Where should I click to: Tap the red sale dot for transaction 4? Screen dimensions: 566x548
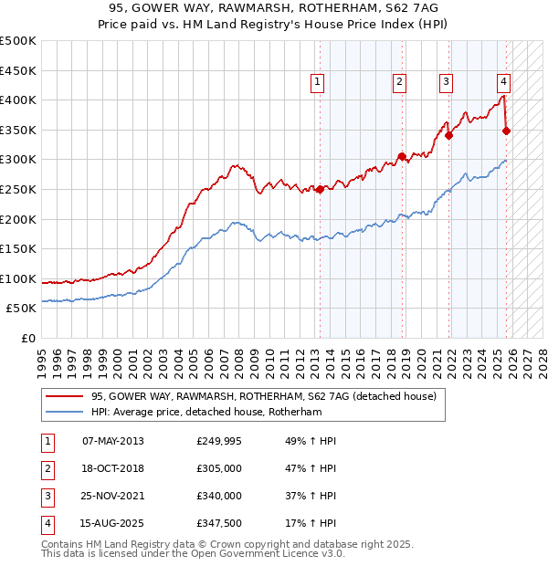pos(507,131)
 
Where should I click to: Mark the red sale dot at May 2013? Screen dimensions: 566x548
pos(320,190)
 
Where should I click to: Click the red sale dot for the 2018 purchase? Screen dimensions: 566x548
pos(402,157)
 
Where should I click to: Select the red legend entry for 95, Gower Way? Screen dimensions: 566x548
pos(264,396)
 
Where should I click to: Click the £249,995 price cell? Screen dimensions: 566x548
pos(219,441)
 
